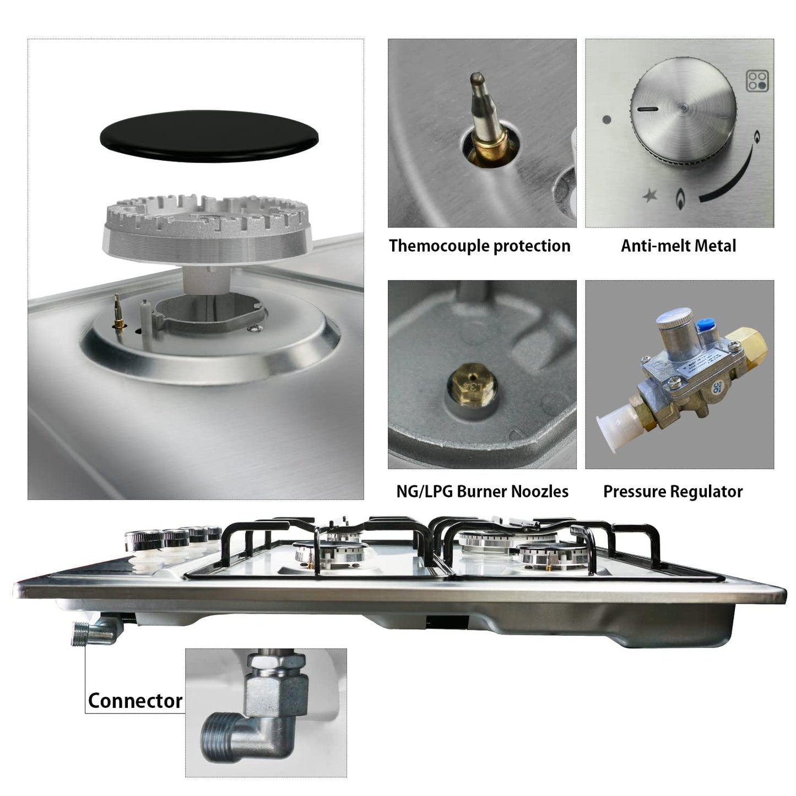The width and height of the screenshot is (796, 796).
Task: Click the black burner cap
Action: pos(209,136)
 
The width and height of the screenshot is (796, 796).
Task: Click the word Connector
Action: pos(135,701)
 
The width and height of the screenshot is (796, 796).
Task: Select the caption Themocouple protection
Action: pos(480,246)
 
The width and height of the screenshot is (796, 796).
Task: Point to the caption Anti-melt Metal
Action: pos(678,246)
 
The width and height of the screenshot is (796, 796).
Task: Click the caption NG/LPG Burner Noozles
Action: pos(482,491)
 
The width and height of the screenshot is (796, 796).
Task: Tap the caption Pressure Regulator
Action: pos(673,492)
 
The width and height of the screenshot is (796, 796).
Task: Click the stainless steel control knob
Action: pos(683,111)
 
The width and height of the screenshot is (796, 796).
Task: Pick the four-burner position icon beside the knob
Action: pos(757,81)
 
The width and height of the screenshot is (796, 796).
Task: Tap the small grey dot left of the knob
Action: pos(607,120)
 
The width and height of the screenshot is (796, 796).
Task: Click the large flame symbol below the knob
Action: pos(680,198)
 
